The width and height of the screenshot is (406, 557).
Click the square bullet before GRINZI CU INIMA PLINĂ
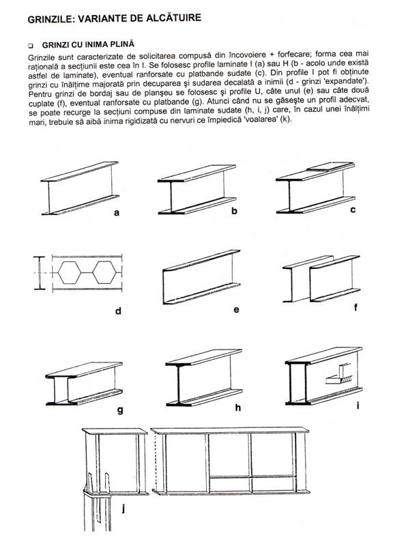30,46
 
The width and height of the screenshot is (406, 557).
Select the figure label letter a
117,213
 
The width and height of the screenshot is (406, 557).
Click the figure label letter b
234,211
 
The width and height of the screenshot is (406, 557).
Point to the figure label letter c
353,210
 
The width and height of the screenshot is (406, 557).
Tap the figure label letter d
118,311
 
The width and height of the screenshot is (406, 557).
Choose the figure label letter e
237,310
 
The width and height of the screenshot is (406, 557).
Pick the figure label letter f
356,307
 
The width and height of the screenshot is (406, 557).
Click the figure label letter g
120,411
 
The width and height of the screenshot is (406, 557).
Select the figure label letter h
238,408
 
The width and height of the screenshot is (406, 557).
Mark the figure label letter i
358,405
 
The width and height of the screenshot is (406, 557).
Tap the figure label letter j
124,509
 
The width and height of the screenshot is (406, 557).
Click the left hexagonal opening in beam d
70,272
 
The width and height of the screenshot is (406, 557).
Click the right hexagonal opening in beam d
104,272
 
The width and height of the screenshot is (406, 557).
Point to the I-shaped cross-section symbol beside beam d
40,273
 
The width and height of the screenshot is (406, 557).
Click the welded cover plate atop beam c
331,167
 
